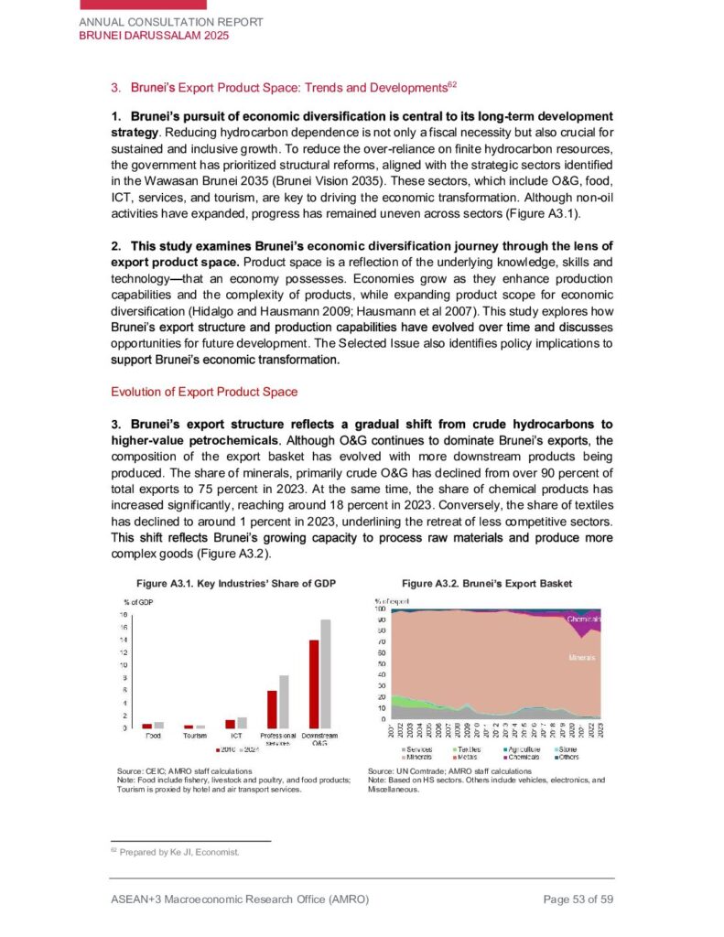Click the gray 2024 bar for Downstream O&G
click(325, 673)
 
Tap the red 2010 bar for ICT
click(231, 724)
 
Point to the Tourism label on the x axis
click(194, 736)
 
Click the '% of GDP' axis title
click(138, 600)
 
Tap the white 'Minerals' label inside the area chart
click(583, 657)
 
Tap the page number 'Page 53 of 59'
click(578, 900)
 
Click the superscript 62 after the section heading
click(451, 84)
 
